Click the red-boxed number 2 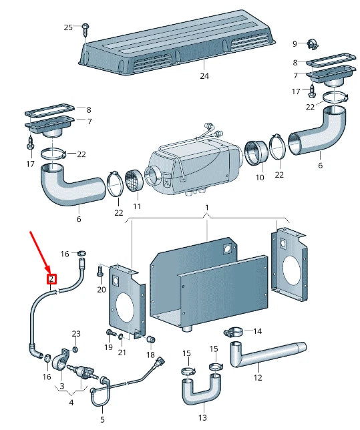click(x=51, y=279)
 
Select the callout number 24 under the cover click(x=204, y=75)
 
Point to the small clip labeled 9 click(x=312, y=43)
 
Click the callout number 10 click(x=260, y=178)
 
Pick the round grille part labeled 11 click(x=134, y=181)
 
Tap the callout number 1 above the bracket click(x=207, y=208)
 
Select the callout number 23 click(x=76, y=334)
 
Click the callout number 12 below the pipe click(x=258, y=378)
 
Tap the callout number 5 click(x=102, y=419)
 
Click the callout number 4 click(x=71, y=403)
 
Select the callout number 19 click(x=109, y=347)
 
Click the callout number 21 click(x=122, y=353)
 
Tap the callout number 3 click(x=62, y=386)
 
